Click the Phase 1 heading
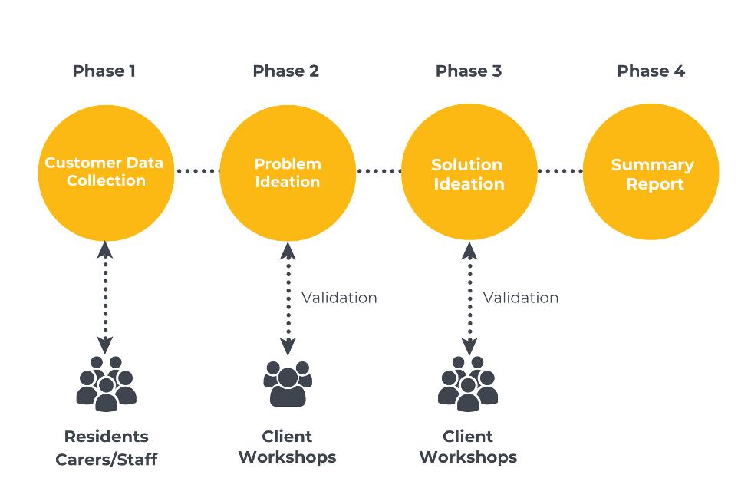104,71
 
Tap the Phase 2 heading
285,71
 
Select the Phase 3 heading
468,71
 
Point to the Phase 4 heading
651,71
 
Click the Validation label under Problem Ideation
339,298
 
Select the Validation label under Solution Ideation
521,298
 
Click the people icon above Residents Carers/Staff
106,383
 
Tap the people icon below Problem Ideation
287,383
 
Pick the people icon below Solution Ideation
468,383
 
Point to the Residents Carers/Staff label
106,448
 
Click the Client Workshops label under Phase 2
287,447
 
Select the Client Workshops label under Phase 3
468,447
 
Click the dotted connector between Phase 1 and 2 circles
197,171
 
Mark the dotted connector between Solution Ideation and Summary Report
560,171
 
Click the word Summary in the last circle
652,165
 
